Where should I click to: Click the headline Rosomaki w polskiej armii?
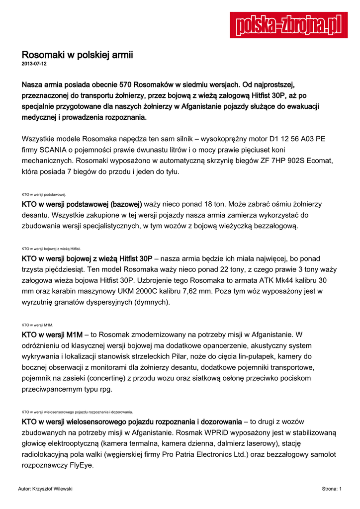[x=77, y=55]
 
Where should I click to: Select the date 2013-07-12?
[x=34, y=64]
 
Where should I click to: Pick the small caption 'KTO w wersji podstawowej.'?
[x=44, y=195]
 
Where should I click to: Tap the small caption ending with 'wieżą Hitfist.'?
[x=51, y=249]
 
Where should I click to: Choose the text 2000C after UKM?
[x=123, y=291]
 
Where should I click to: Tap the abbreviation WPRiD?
[x=204, y=433]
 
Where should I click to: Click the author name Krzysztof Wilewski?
[x=52, y=489]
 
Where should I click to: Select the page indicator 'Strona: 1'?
[x=331, y=489]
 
